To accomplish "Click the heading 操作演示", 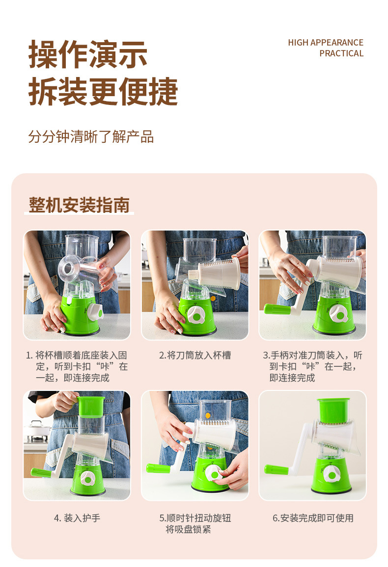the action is [88, 54].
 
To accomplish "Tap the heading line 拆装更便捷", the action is [103, 92].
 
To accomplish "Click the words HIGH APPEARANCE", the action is [326, 43].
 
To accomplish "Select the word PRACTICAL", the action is [341, 53].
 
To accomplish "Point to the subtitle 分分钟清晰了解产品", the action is [91, 137].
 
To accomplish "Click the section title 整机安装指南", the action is [79, 205].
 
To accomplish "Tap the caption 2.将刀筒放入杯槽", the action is [195, 355].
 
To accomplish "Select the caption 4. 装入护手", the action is [77, 518].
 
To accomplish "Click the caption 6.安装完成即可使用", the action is [313, 518].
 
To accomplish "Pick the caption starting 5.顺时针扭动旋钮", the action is [195, 524].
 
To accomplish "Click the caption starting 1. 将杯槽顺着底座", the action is [77, 366].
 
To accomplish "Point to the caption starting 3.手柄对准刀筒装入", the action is [312, 366].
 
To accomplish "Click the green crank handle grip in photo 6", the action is [276, 469].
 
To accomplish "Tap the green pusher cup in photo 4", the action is [91, 407].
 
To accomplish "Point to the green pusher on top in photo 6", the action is [333, 411].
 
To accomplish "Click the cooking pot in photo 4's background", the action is [37, 430].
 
